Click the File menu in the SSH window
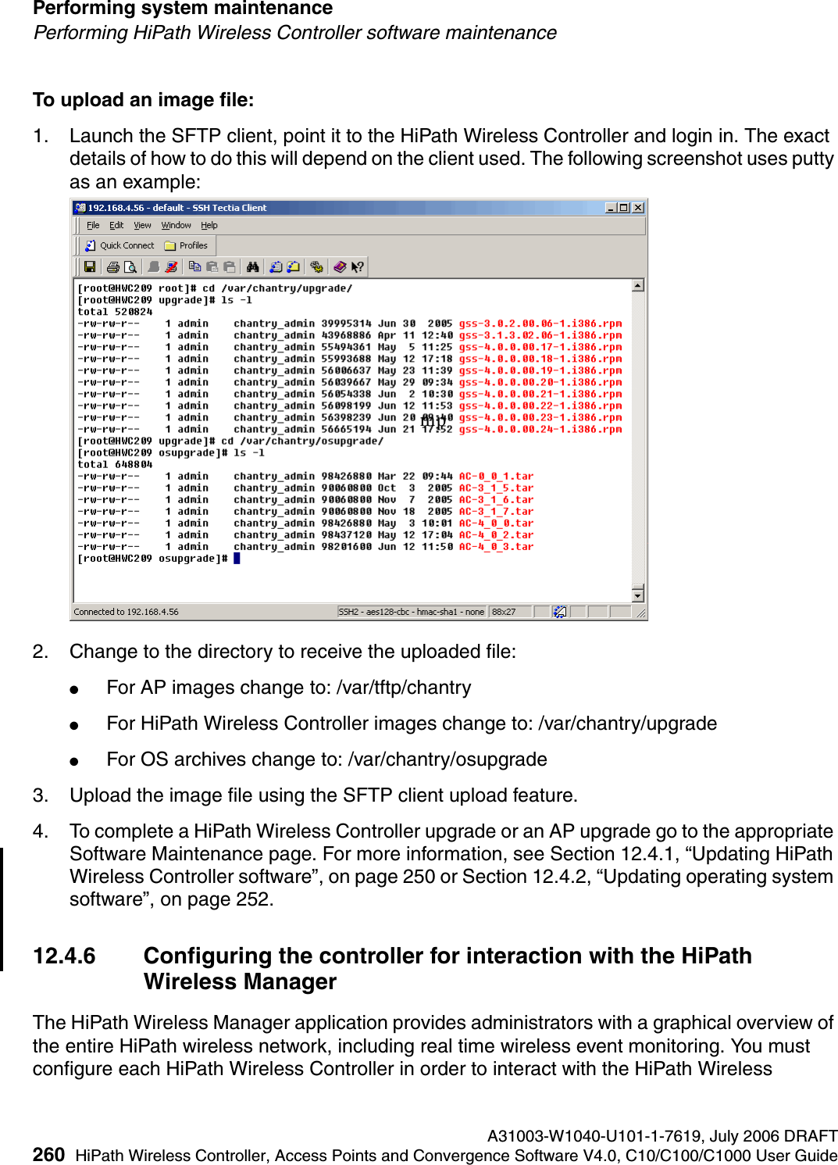pyautogui.click(x=93, y=225)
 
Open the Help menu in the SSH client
pyautogui.click(x=209, y=225)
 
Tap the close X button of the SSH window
pyautogui.click(x=638, y=208)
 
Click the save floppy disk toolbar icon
pyautogui.click(x=90, y=267)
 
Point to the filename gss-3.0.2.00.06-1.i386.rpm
pyautogui.click(x=540, y=323)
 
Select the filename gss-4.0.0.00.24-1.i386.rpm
pyautogui.click(x=540, y=429)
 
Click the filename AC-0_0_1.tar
pyautogui.click(x=496, y=476)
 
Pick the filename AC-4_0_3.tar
pyautogui.click(x=496, y=547)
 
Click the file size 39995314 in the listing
pyautogui.click(x=346, y=323)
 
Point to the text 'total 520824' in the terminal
pyautogui.click(x=115, y=312)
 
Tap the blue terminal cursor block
pyautogui.click(x=237, y=559)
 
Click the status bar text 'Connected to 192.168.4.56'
pyautogui.click(x=126, y=612)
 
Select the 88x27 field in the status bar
pyautogui.click(x=504, y=612)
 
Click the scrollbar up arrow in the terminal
pyautogui.click(x=638, y=286)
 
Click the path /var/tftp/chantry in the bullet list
pyautogui.click(x=403, y=688)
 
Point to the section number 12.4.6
pyautogui.click(x=64, y=956)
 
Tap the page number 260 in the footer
pyautogui.click(x=48, y=1155)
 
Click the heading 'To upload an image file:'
pyautogui.click(x=143, y=100)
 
